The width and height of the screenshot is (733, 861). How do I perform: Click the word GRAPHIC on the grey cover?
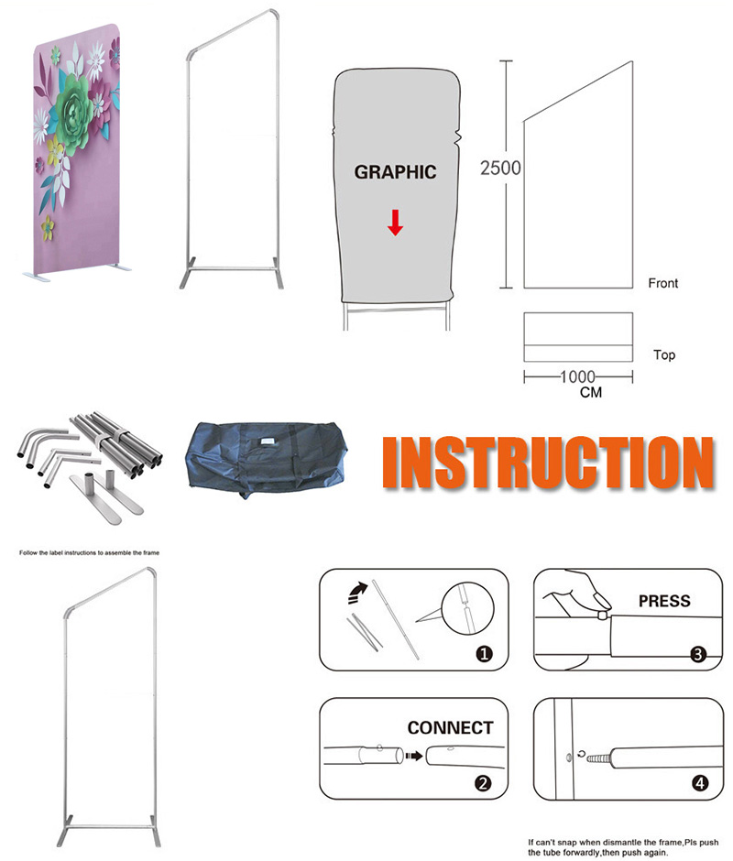(x=395, y=172)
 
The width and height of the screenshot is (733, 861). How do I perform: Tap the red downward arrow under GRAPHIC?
(x=395, y=223)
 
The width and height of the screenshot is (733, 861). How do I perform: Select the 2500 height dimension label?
(x=500, y=168)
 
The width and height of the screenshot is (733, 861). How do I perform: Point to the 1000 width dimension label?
(x=577, y=376)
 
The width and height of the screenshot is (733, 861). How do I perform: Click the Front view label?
(x=663, y=283)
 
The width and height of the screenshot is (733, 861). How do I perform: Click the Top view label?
(x=664, y=354)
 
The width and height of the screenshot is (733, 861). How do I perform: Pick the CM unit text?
(x=591, y=392)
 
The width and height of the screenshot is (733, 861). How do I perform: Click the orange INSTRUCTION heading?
(x=549, y=463)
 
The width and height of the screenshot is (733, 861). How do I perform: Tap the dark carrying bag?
(x=267, y=459)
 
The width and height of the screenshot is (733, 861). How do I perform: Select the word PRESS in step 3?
(x=664, y=601)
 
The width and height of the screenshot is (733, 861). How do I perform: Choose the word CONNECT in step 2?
(x=450, y=727)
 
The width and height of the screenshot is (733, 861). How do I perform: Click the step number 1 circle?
(x=484, y=653)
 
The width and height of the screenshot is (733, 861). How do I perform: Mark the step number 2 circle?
(x=483, y=783)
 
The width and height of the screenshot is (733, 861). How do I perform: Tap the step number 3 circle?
(x=698, y=654)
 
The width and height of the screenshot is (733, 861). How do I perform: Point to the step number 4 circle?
(x=699, y=783)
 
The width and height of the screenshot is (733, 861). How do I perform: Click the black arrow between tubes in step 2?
(x=414, y=756)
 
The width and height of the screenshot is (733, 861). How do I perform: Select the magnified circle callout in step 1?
(x=468, y=608)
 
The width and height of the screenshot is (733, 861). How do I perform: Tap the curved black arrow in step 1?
(x=357, y=593)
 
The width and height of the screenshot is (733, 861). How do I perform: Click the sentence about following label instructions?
(x=89, y=553)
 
